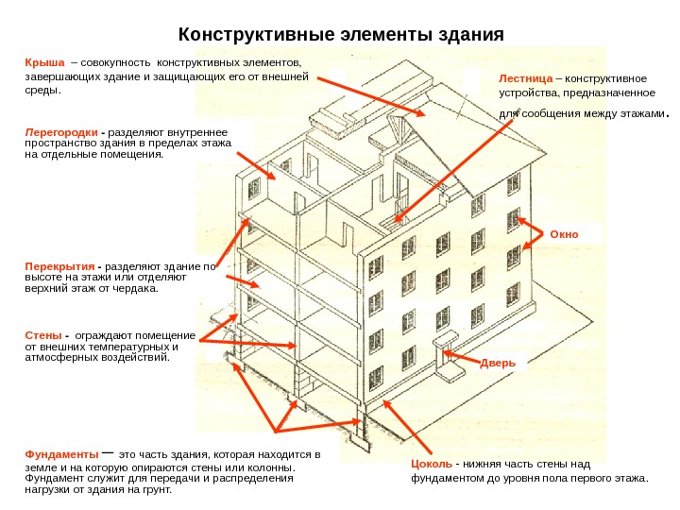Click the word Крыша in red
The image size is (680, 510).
42,62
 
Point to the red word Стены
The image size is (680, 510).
42,335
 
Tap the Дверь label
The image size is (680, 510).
498,362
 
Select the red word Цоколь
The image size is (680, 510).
431,465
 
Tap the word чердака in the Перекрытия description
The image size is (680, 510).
138,289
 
